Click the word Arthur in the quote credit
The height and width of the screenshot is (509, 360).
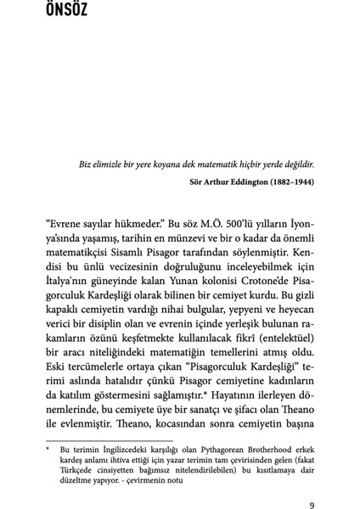point(210,181)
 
